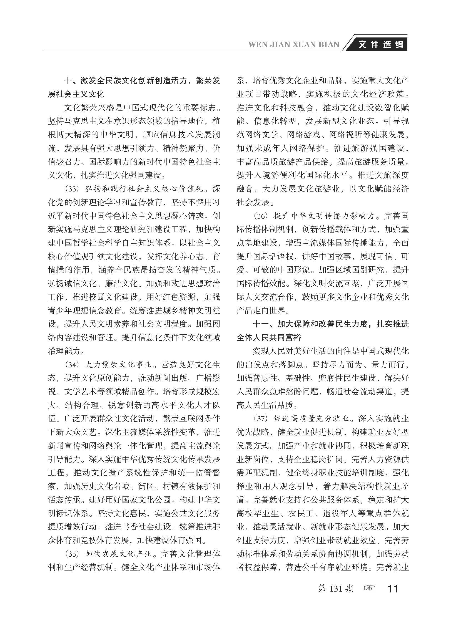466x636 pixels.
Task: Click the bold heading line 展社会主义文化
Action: coord(76,94)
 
